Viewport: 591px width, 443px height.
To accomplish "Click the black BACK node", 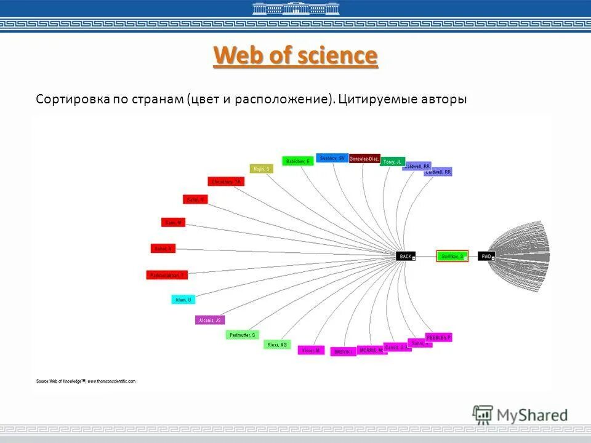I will pyautogui.click(x=404, y=256).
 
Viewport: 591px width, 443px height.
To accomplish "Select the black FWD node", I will pyautogui.click(x=486, y=256).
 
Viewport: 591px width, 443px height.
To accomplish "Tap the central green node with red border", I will pyautogui.click(x=452, y=256).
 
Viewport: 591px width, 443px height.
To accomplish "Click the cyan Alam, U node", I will pyautogui.click(x=183, y=300).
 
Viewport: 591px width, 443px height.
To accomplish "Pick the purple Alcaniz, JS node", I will pyautogui.click(x=210, y=320).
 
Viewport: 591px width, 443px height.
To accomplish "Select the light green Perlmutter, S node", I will pyautogui.click(x=242, y=335).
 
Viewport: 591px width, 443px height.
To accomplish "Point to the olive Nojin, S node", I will pyautogui.click(x=261, y=169).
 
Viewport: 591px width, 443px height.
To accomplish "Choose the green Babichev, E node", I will pyautogui.click(x=298, y=161).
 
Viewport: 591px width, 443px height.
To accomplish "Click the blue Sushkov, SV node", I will pyautogui.click(x=332, y=158).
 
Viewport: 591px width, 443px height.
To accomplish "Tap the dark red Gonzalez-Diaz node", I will pyautogui.click(x=364, y=159).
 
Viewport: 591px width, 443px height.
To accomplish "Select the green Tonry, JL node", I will pyautogui.click(x=392, y=162).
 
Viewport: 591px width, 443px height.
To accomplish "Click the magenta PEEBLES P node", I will pyautogui.click(x=438, y=337).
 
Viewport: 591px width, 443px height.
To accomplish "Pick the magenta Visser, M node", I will pyautogui.click(x=311, y=350).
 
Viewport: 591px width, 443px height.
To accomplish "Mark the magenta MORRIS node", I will pyautogui.click(x=372, y=350).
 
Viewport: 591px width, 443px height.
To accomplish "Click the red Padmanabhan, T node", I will pyautogui.click(x=167, y=275).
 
